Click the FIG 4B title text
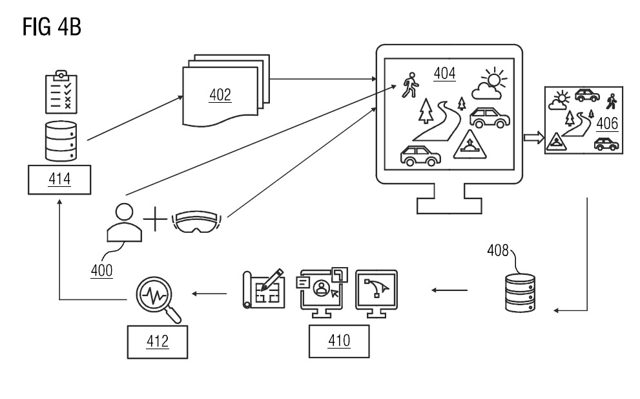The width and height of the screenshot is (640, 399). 52,27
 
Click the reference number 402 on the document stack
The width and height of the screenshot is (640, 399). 220,96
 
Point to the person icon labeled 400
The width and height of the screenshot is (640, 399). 123,223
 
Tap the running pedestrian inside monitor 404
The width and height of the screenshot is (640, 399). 409,85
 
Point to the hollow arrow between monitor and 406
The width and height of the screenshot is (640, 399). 532,137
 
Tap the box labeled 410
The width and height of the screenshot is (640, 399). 339,341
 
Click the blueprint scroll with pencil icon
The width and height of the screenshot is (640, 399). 263,290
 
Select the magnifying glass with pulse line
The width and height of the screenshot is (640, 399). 157,297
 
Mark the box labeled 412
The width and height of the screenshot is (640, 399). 158,341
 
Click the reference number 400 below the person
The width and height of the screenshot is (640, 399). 101,270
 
